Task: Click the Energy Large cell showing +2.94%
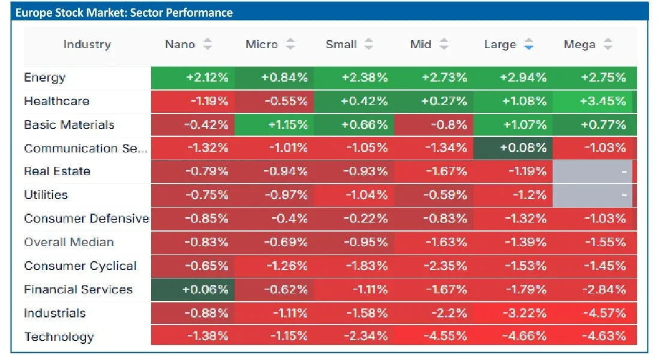click(512, 78)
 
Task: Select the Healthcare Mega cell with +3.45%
click(592, 101)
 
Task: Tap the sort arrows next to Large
click(529, 44)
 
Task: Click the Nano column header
click(180, 44)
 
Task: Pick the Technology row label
click(59, 337)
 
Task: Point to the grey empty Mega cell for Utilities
click(592, 196)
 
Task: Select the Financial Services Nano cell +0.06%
click(193, 290)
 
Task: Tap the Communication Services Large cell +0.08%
click(512, 148)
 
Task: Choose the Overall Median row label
click(69, 242)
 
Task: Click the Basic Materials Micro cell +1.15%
click(274, 125)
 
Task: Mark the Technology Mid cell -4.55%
click(434, 337)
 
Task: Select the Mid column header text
click(421, 44)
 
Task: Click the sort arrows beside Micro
click(290, 44)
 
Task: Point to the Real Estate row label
click(57, 172)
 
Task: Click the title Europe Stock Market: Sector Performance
click(124, 13)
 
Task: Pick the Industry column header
click(87, 44)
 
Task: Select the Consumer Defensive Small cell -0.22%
click(354, 219)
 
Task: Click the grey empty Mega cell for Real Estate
click(592, 172)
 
